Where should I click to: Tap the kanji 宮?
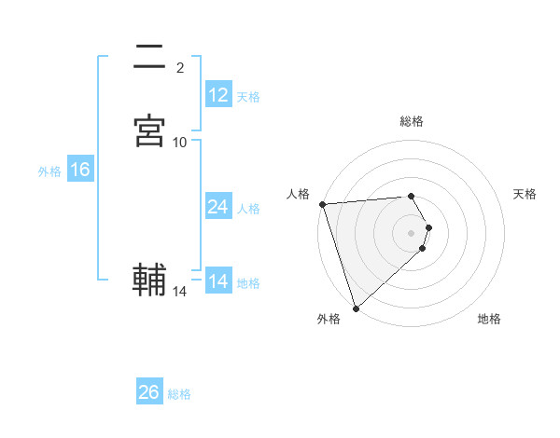tap(149, 130)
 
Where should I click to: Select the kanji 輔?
tap(149, 279)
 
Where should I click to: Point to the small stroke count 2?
tap(180, 67)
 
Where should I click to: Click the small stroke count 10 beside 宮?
tap(180, 142)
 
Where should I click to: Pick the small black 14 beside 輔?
tap(180, 292)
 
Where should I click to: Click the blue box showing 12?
tap(218, 95)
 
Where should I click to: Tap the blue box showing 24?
tap(218, 207)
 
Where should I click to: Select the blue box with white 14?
tap(218, 281)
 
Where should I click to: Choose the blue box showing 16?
tap(80, 170)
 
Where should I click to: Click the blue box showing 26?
tap(149, 392)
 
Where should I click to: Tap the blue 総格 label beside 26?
tap(179, 394)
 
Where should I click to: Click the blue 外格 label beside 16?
tap(49, 171)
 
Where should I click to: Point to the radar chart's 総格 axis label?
tap(412, 121)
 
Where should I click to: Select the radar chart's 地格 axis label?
tap(489, 319)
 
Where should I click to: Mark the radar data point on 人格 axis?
tap(322, 204)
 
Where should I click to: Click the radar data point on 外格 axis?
tap(355, 308)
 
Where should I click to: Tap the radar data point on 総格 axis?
tap(412, 196)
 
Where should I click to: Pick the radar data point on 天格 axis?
tap(429, 226)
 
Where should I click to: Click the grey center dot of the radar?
tap(412, 232)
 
